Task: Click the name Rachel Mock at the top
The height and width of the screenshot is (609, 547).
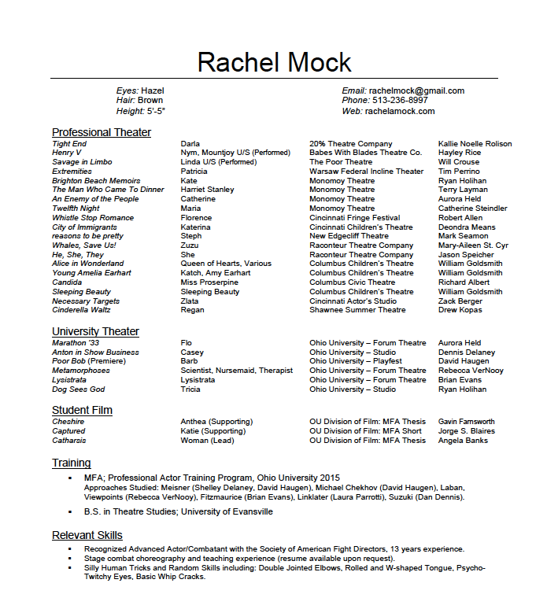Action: [x=274, y=61]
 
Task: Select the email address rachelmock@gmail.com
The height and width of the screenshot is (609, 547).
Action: [x=416, y=90]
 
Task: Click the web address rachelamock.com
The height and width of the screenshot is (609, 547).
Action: [x=400, y=111]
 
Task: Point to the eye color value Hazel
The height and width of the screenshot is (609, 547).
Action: [x=153, y=90]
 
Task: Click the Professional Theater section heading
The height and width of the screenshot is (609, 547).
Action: [x=102, y=132]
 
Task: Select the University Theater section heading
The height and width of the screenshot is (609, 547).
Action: [x=95, y=331]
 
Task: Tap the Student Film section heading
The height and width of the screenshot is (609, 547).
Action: [x=82, y=410]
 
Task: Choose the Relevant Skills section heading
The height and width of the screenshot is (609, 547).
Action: [x=87, y=535]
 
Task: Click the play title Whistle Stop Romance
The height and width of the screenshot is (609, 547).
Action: [x=93, y=218]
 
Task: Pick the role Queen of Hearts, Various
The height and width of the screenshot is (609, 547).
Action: [x=226, y=264]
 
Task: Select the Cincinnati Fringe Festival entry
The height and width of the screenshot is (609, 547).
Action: [x=354, y=218]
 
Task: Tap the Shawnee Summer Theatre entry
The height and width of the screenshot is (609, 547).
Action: [x=357, y=310]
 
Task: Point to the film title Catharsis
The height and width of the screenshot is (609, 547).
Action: [x=68, y=441]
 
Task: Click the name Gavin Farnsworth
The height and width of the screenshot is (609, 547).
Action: [x=467, y=422]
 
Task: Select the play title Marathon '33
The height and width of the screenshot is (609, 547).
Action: [x=76, y=343]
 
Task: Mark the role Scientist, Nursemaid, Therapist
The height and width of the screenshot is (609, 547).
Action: [x=236, y=371]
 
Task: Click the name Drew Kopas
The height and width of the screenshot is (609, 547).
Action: [x=460, y=310]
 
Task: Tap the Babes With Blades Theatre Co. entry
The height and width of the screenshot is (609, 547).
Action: [x=365, y=153]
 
